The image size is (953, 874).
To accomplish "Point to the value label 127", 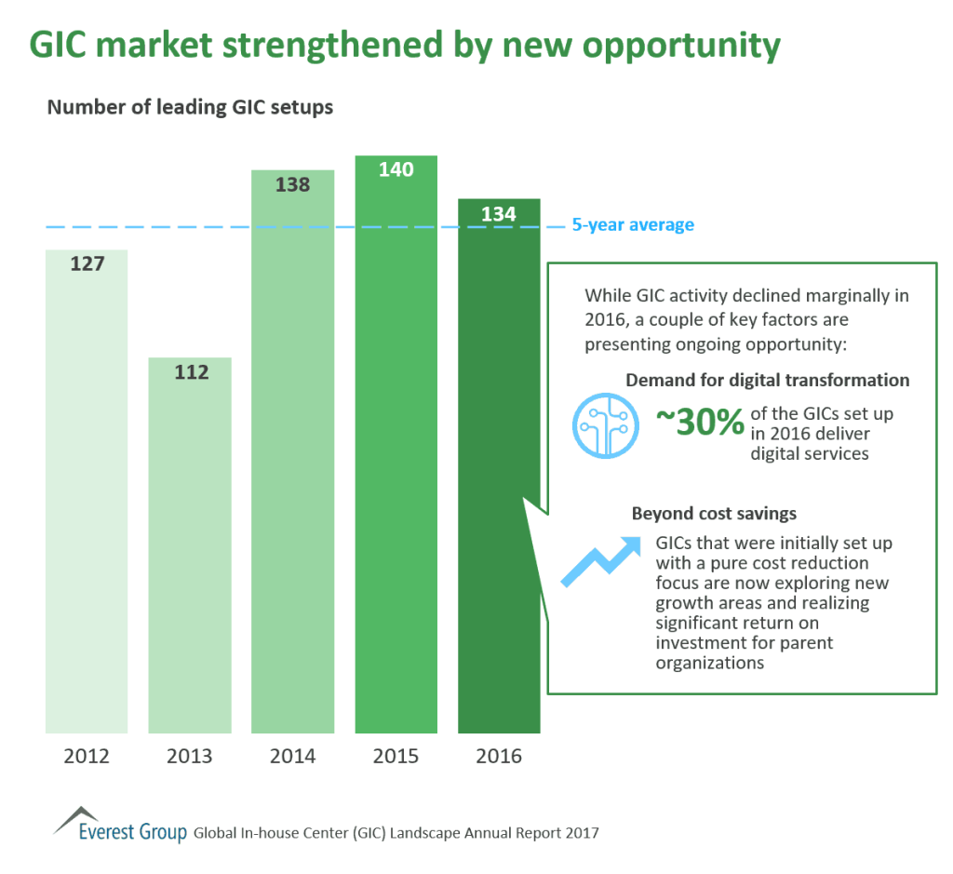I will point(87,263).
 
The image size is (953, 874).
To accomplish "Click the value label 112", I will point(190,372).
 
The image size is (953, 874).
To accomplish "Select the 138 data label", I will point(293,185).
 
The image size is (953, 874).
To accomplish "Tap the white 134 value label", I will point(499,215).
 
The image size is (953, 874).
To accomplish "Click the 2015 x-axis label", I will point(396,756).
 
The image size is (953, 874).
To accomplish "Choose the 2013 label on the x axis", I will point(190,756).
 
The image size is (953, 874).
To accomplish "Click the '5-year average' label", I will point(633,225).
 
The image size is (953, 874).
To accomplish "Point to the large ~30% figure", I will point(700,424).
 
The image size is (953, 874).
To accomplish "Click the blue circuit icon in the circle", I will point(604,424).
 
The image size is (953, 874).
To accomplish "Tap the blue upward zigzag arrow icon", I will point(600,562).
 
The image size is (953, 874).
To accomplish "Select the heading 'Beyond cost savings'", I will point(714,514).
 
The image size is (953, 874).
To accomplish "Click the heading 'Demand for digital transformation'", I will point(768,380).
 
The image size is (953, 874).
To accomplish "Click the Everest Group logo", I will point(121,825).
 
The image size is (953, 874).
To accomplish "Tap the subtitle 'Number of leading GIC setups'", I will point(190,108).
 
